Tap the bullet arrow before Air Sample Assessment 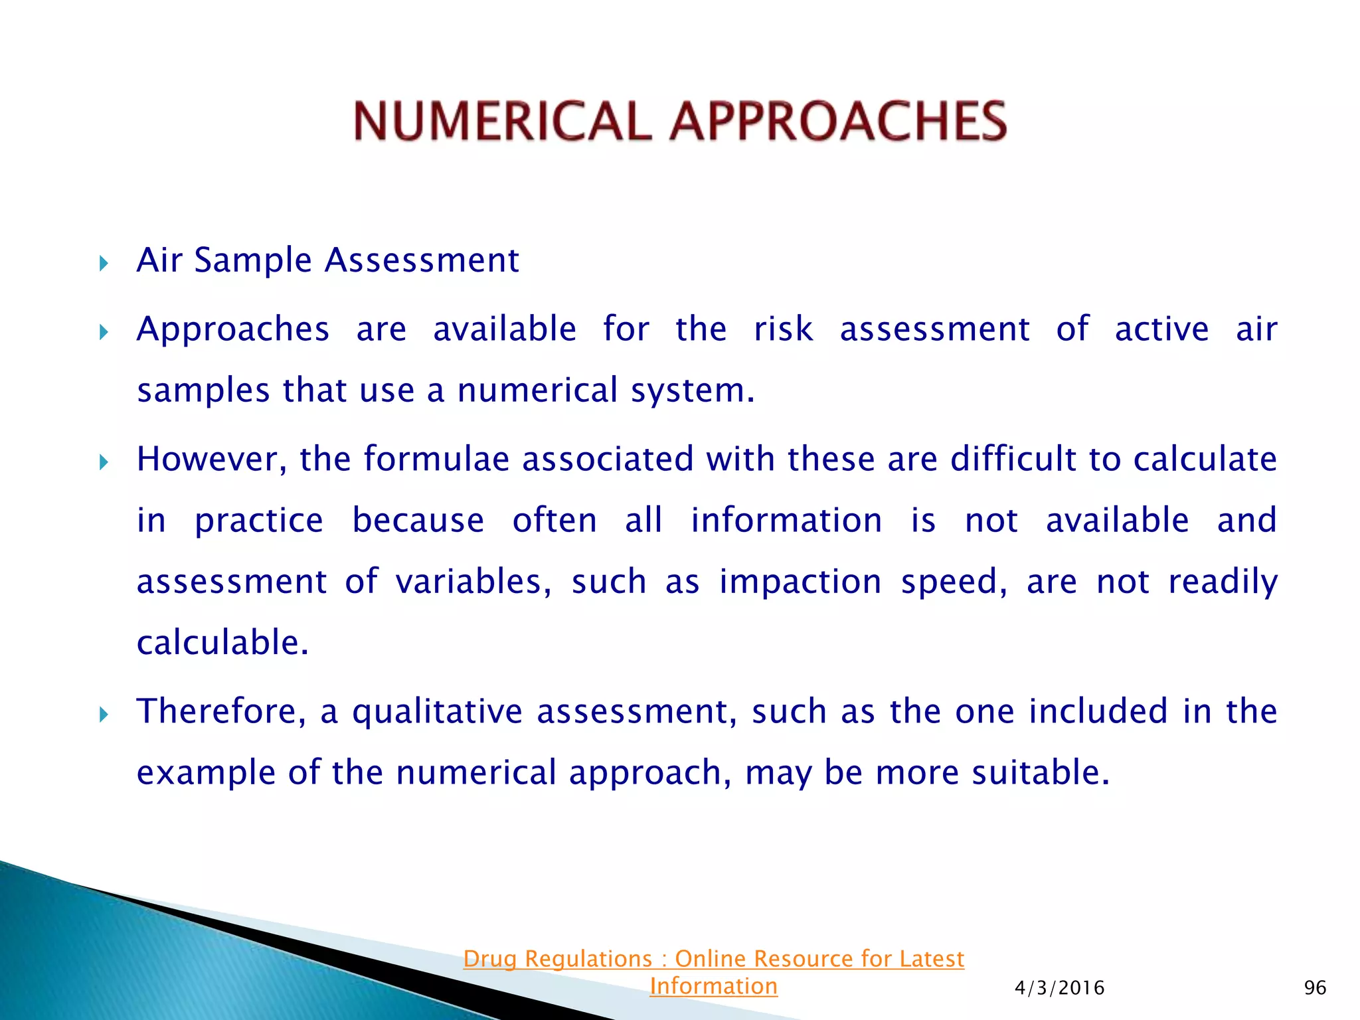[x=104, y=264]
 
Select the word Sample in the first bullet [x=252, y=261]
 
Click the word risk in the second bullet [x=783, y=329]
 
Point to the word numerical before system [x=537, y=390]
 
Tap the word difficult [x=1013, y=460]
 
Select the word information [x=786, y=521]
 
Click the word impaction [x=800, y=583]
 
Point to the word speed [x=954, y=583]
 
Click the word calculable [x=222, y=643]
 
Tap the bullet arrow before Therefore [x=104, y=715]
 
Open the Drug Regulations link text [x=713, y=959]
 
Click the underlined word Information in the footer [x=713, y=986]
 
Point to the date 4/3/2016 [x=1059, y=988]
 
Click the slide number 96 [x=1315, y=988]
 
